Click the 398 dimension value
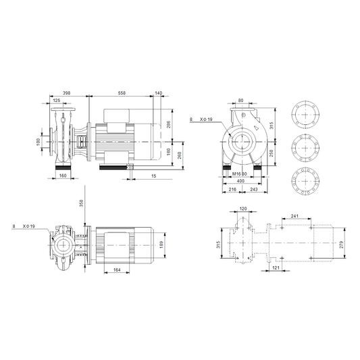click(x=67, y=93)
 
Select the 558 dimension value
click(x=122, y=93)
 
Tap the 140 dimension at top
click(x=159, y=93)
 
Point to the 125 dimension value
click(x=57, y=101)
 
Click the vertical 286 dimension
click(x=169, y=124)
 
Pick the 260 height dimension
click(x=180, y=155)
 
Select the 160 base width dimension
click(x=63, y=176)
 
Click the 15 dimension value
click(x=154, y=176)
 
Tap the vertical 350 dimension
click(x=82, y=203)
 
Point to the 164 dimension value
click(x=117, y=269)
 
